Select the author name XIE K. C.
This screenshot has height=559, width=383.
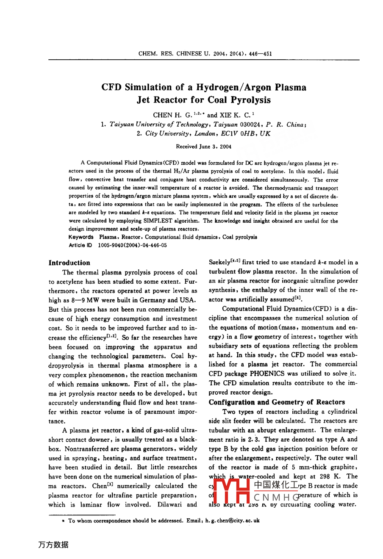coord(234,115)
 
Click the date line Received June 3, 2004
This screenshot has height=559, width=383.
coord(204,147)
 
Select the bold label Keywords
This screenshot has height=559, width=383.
coord(81,237)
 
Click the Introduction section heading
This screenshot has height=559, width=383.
coord(69,263)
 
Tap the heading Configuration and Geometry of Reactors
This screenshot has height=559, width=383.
coord(277,402)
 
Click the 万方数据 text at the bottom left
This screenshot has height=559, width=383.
coord(53,545)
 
